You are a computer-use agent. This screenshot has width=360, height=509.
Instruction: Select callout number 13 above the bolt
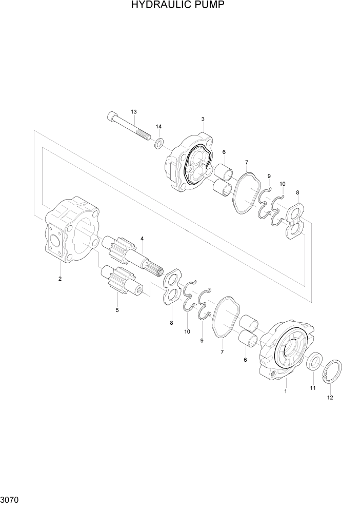pos(134,112)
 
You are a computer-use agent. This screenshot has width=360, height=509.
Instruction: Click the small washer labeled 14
pos(159,143)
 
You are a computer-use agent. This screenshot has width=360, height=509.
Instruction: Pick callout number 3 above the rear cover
pos(203,120)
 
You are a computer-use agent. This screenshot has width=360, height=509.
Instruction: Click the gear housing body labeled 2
pos(72,231)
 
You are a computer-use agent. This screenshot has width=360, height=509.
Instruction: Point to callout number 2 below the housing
pos(60,279)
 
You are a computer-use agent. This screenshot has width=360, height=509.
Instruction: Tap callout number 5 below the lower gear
pos(117,310)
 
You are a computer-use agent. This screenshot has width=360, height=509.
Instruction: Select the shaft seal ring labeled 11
pos(314,361)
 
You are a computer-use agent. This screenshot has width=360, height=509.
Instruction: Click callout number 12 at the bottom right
pos(330,398)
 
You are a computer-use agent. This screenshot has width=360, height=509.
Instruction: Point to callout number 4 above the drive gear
pos(142,239)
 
